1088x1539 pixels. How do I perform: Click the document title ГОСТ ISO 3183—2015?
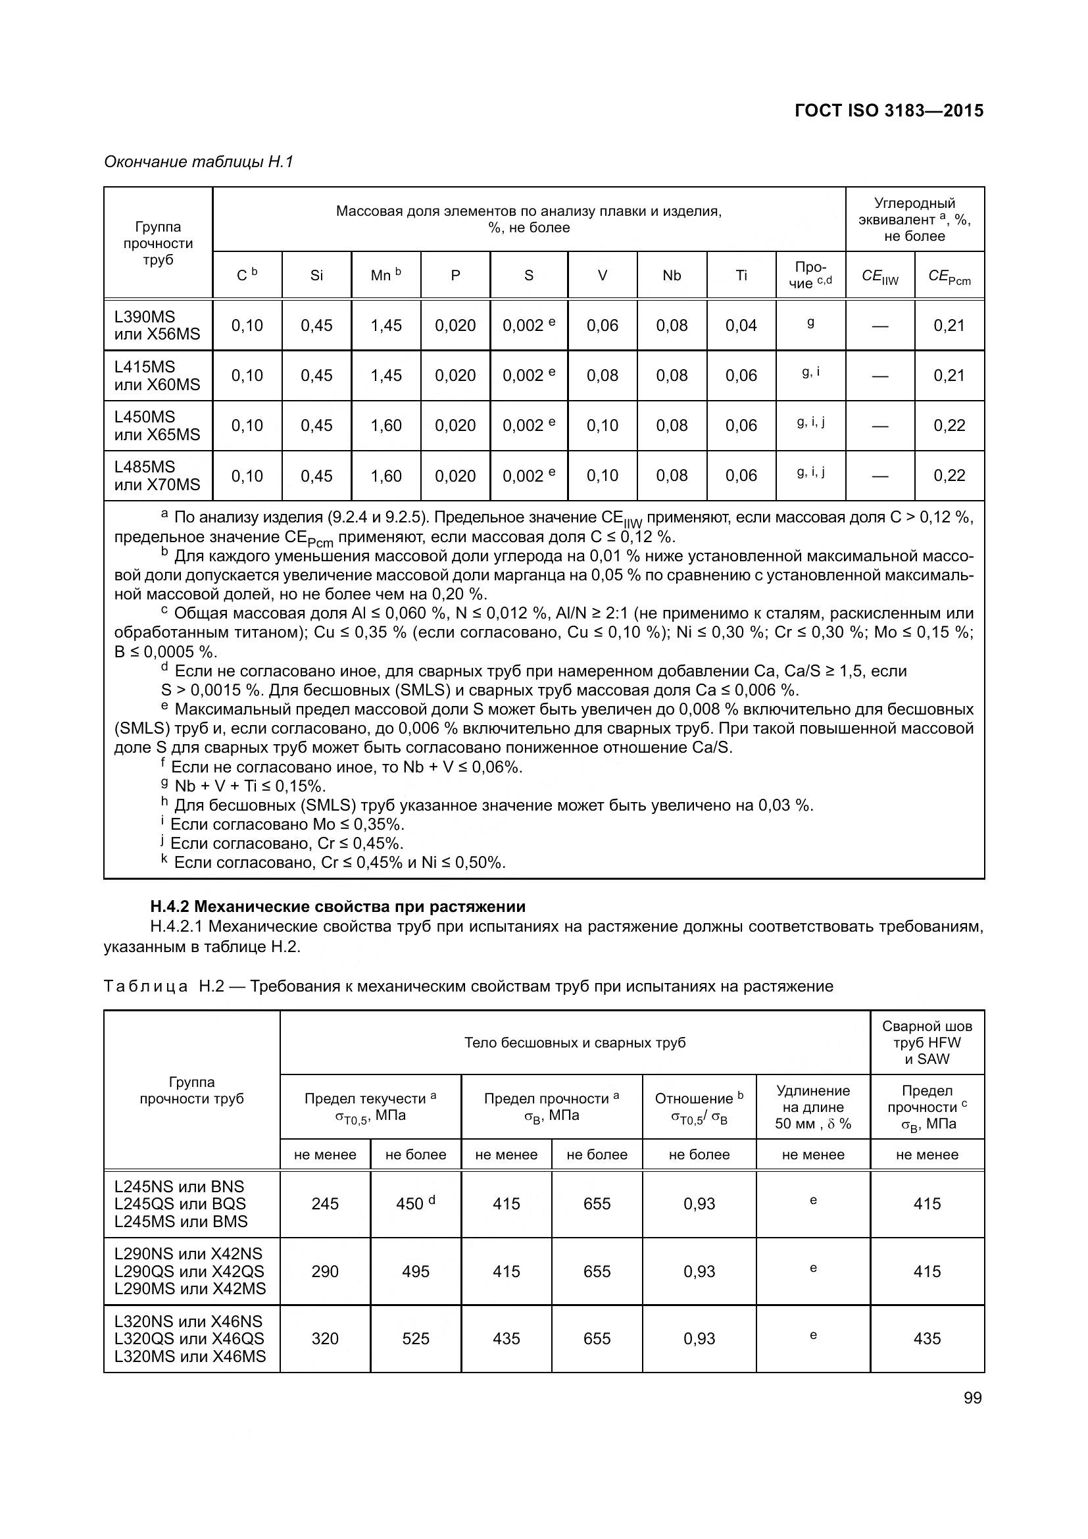point(888,111)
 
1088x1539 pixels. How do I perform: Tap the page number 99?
point(972,1398)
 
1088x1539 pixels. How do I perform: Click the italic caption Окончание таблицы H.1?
point(199,162)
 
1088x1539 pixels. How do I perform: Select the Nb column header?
point(672,276)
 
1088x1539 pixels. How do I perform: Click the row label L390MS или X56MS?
point(157,325)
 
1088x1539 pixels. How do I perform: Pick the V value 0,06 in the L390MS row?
point(602,326)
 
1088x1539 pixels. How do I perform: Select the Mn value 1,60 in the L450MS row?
point(386,426)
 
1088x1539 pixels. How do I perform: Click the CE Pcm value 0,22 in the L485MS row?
point(949,476)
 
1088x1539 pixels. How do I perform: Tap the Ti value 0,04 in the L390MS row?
point(741,326)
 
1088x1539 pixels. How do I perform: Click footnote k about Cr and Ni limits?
point(334,862)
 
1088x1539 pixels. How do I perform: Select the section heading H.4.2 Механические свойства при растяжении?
point(337,907)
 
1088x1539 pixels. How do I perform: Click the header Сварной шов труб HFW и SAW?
point(927,1042)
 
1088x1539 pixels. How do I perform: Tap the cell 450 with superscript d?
point(414,1203)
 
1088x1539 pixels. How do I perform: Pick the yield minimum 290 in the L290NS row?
point(325,1272)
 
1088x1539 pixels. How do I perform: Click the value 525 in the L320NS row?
point(415,1338)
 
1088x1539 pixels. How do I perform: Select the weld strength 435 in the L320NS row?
point(927,1338)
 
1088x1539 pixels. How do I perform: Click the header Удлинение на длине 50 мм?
point(812,1107)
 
